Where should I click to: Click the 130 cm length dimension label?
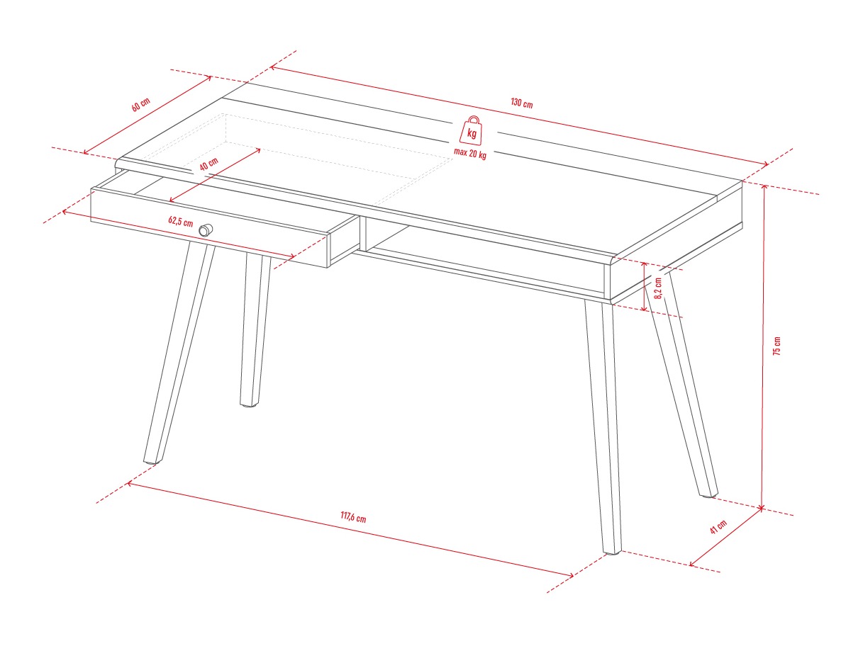(x=522, y=103)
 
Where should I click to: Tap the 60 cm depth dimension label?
(x=140, y=104)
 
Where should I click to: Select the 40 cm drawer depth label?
(x=208, y=164)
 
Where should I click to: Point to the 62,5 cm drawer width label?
(x=180, y=222)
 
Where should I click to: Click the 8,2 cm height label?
(x=658, y=288)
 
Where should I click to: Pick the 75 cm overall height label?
(x=776, y=346)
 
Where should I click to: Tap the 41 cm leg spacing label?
(x=718, y=526)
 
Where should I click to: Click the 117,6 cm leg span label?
(x=353, y=517)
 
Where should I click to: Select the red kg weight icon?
(x=471, y=130)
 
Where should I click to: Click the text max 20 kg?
(x=470, y=153)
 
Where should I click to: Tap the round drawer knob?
(x=205, y=229)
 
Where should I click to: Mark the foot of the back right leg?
(x=708, y=495)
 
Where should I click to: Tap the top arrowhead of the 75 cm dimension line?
(x=764, y=188)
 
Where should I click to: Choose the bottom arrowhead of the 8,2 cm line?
(x=644, y=307)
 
